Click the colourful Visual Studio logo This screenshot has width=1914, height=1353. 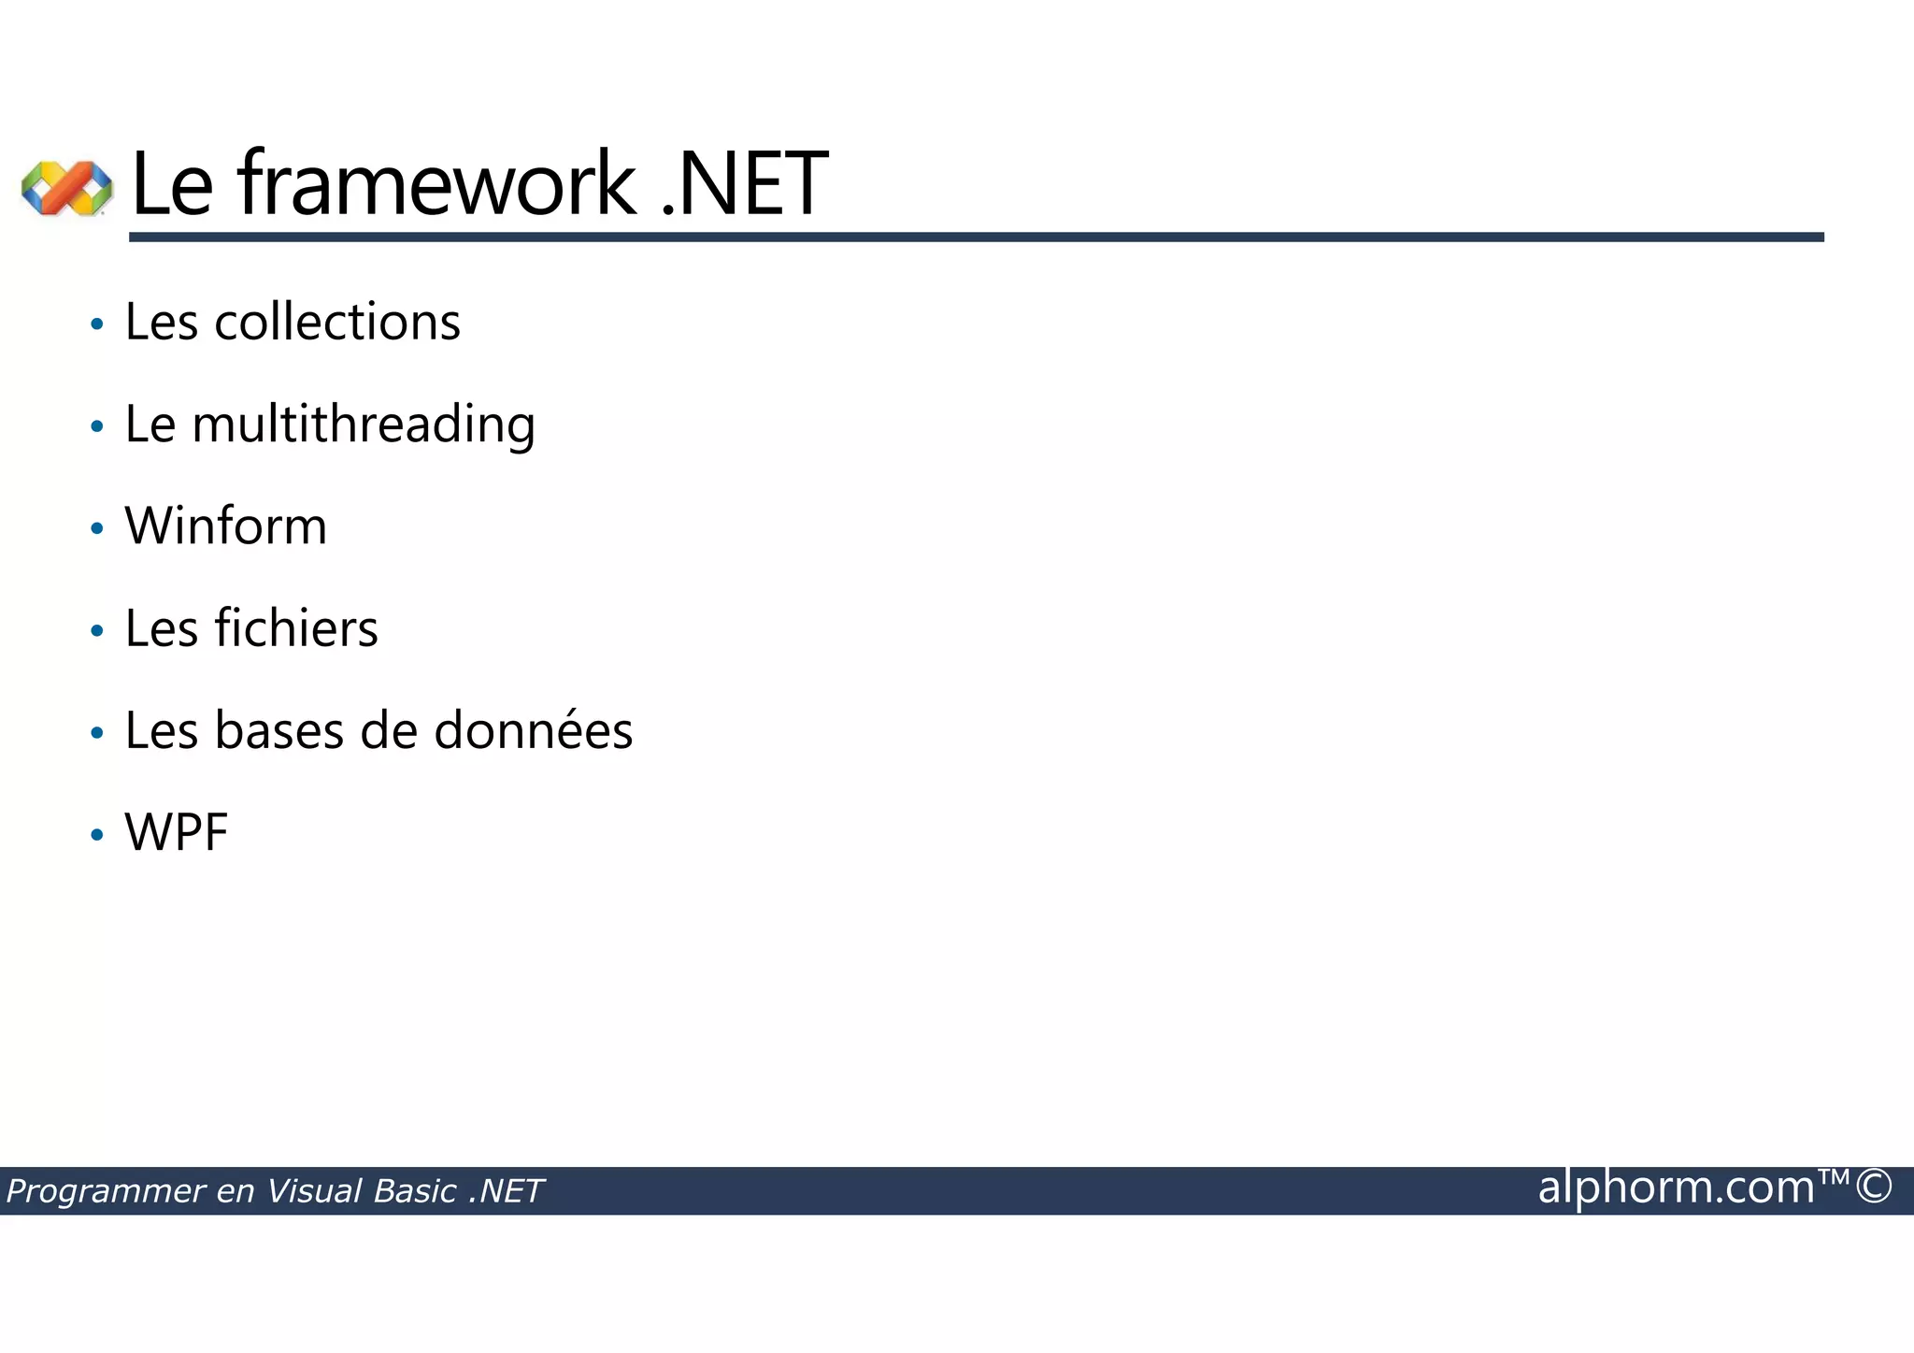click(66, 187)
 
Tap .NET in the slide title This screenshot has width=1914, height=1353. click(744, 183)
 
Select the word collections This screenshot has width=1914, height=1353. click(337, 323)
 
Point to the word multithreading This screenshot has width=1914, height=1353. click(364, 425)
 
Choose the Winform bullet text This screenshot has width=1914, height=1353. click(226, 526)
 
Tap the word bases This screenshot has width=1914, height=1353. click(279, 730)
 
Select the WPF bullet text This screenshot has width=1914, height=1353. click(177, 832)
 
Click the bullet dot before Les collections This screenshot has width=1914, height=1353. click(96, 325)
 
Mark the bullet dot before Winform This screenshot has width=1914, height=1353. click(96, 529)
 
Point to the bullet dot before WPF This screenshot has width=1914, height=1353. click(96, 835)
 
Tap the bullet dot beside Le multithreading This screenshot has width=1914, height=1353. click(96, 427)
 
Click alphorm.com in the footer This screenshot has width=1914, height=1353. click(1676, 1187)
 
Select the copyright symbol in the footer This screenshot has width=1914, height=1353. click(1874, 1187)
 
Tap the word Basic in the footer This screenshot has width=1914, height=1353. click(415, 1191)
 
